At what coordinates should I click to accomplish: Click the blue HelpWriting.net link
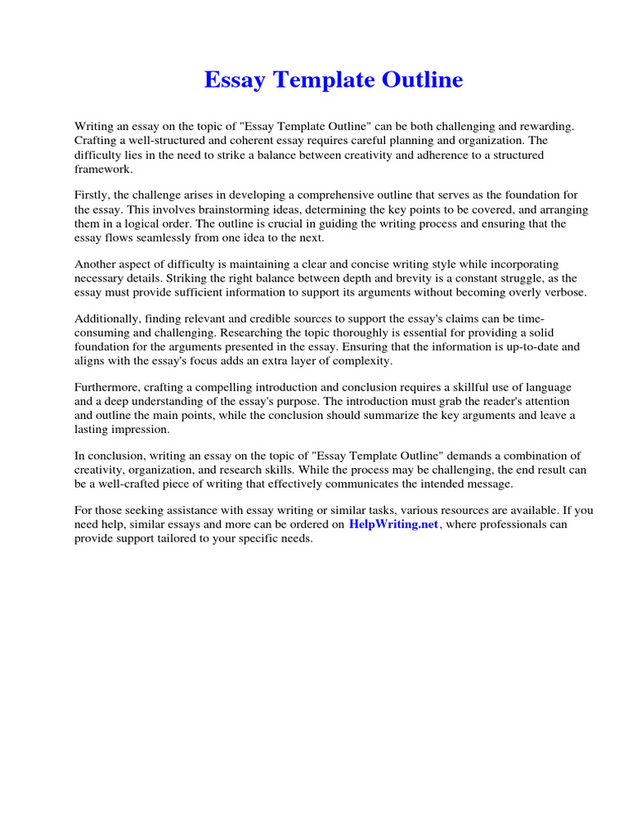(x=393, y=525)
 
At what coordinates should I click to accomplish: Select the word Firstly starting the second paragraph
(x=92, y=196)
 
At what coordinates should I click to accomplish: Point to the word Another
(x=96, y=265)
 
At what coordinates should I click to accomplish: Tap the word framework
(x=103, y=169)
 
